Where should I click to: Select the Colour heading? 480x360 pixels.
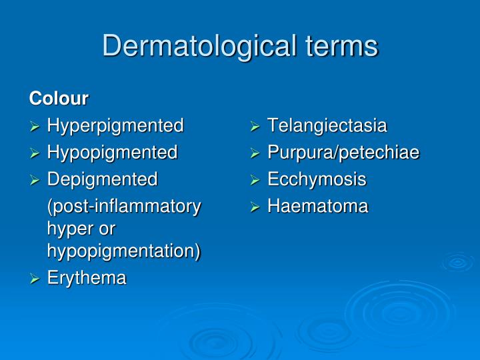point(59,99)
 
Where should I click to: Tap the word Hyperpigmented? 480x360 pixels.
point(115,126)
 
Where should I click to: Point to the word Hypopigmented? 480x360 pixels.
point(112,153)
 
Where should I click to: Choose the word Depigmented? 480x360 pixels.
point(102,179)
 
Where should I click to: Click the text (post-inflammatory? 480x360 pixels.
point(123,207)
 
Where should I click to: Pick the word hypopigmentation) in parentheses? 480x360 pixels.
point(123,251)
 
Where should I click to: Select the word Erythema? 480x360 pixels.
point(87,278)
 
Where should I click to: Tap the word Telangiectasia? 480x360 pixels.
point(327,126)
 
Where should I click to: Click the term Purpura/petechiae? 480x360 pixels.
point(343,153)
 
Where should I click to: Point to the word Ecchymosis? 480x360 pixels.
point(317,179)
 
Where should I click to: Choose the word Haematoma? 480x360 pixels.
point(317,207)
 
